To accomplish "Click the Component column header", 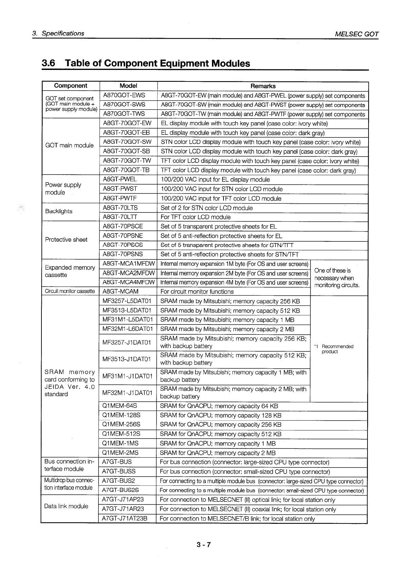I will coord(71,86).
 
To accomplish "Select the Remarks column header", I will coord(263,86).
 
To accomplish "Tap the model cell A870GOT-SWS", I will coord(124,105).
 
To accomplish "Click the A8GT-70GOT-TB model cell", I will coord(126,170).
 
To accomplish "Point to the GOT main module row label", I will coord(69,145).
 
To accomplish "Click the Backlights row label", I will coord(59,211).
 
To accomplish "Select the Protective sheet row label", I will coord(66,240).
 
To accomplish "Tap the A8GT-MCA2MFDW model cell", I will coord(129,273).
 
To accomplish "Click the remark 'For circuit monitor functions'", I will coord(197,292).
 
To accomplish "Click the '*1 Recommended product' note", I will coord(335,349).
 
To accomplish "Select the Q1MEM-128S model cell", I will coord(121,415).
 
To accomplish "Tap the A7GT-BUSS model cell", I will coord(119,472).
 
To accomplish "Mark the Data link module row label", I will coord(66,506).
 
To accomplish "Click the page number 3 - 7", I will coord(203,545).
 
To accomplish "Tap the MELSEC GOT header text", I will coord(356,34).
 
